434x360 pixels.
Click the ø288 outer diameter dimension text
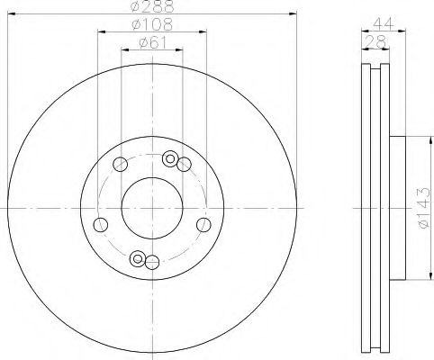coord(150,7)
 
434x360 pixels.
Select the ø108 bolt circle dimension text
coord(151,25)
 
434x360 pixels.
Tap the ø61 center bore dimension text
coord(151,43)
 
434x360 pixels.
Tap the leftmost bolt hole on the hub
coord(102,223)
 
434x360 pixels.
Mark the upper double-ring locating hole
coord(169,159)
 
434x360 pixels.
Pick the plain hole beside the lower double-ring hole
coord(152,262)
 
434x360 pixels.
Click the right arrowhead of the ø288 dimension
coord(293,13)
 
